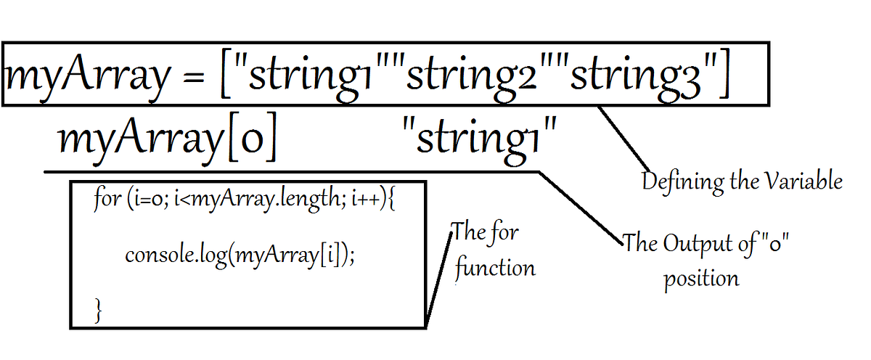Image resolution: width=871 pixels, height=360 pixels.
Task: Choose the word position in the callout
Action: (x=701, y=277)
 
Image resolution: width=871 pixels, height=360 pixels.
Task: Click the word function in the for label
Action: (x=495, y=268)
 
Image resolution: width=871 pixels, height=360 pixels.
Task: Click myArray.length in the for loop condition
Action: (x=266, y=199)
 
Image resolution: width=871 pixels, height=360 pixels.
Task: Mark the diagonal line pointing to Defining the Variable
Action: (x=623, y=138)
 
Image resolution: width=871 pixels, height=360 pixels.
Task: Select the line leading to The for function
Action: (x=439, y=279)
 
